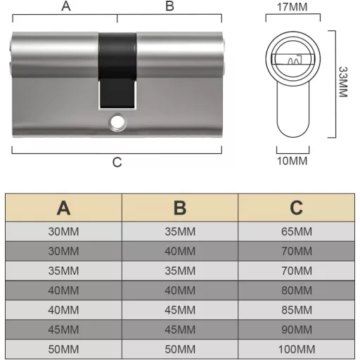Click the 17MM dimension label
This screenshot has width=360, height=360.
(292, 7)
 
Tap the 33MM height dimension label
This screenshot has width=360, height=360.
(343, 82)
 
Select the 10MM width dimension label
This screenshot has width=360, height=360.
(292, 161)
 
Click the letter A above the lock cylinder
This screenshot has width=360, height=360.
(66, 6)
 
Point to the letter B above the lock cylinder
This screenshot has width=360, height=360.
(169, 6)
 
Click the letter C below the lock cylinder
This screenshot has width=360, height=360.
(117, 162)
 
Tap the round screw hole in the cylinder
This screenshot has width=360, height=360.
(117, 122)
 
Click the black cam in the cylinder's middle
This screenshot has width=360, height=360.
(117, 71)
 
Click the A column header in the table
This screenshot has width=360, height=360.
(63, 208)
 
